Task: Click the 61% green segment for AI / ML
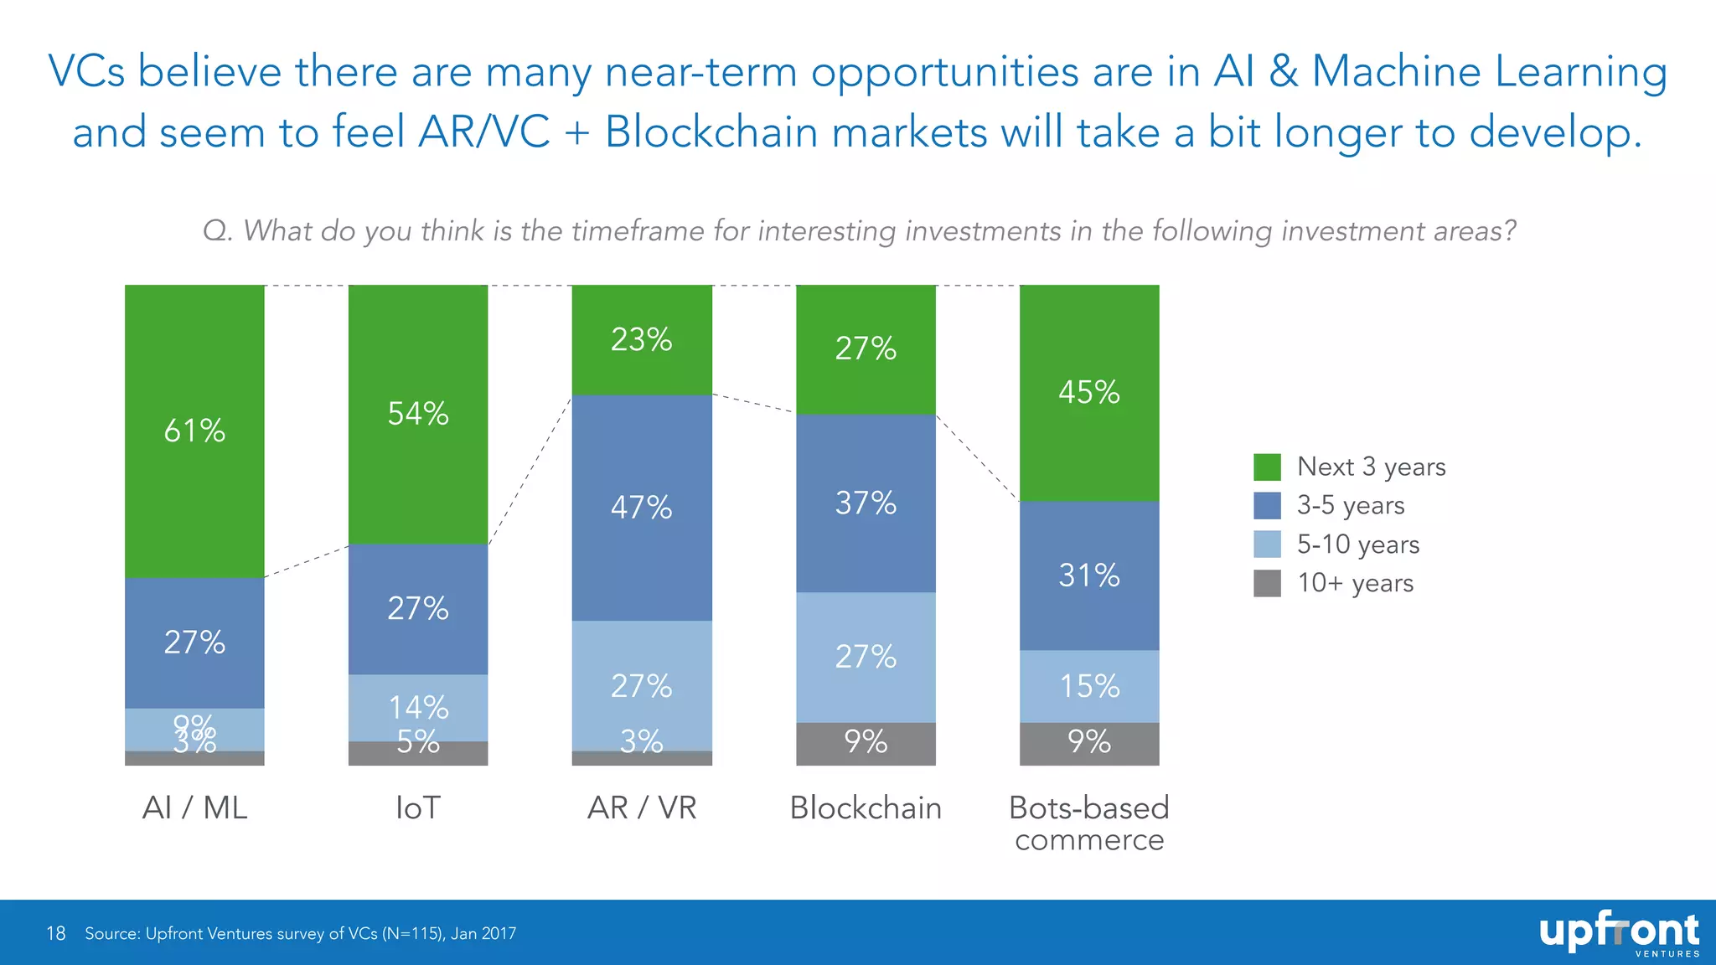(194, 431)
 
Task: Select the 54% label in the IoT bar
(418, 414)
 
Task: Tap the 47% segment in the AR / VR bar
(642, 508)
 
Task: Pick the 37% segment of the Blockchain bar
(866, 503)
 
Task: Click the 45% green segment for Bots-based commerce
(1089, 392)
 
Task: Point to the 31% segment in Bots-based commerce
(1089, 575)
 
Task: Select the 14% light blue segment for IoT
(418, 707)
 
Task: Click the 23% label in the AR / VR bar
(642, 340)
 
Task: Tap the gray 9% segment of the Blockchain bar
(866, 743)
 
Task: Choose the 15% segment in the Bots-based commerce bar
(1089, 686)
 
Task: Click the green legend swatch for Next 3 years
(1267, 467)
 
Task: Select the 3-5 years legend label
(1351, 505)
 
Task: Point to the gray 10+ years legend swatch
(1267, 583)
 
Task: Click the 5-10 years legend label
(1358, 544)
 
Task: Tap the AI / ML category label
(194, 808)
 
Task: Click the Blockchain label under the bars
(866, 808)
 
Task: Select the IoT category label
(418, 808)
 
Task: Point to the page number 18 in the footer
(55, 933)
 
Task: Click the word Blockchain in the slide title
(711, 132)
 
